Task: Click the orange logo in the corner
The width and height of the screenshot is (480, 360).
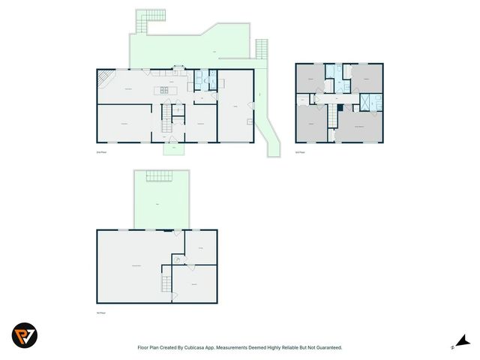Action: coord(25,334)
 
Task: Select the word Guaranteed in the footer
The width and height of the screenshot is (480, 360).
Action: coord(327,347)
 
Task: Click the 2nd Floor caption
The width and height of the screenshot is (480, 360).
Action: coord(102,152)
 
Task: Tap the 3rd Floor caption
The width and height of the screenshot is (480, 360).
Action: coord(300,152)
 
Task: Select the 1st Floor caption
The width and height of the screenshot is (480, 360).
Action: coord(101,312)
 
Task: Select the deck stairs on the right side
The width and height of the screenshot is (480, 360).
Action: coord(261,49)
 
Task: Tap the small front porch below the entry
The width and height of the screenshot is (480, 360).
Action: coord(174,148)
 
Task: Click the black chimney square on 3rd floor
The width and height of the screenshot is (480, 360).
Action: coord(340,107)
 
